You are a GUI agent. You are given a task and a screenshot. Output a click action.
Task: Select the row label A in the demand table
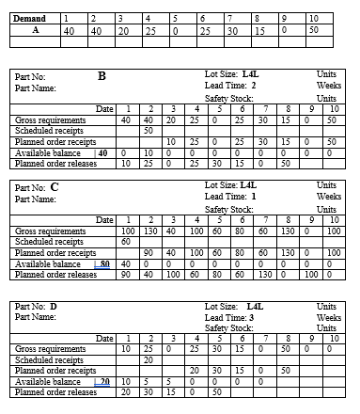34,30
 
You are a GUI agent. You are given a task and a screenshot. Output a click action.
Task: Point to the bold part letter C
55,187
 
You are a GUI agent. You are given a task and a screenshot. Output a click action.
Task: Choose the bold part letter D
54,307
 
